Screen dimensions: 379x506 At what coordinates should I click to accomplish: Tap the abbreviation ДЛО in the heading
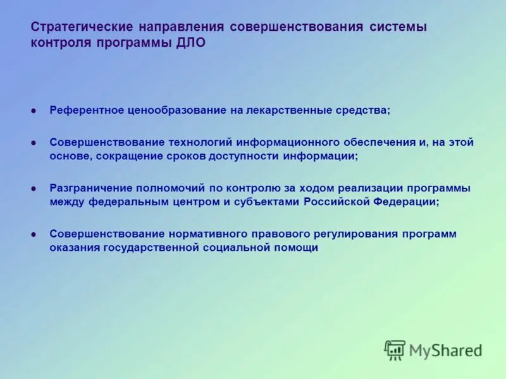(x=188, y=44)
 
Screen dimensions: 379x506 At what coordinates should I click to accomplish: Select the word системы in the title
(x=398, y=28)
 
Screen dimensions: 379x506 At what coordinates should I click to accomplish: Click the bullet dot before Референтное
(x=34, y=111)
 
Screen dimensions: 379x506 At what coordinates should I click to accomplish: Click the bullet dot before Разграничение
(x=34, y=188)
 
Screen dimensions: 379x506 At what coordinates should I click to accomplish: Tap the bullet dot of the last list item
(x=34, y=234)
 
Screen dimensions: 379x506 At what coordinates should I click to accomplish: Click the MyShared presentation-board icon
(x=395, y=350)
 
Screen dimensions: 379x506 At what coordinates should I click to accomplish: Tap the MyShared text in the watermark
(x=445, y=351)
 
